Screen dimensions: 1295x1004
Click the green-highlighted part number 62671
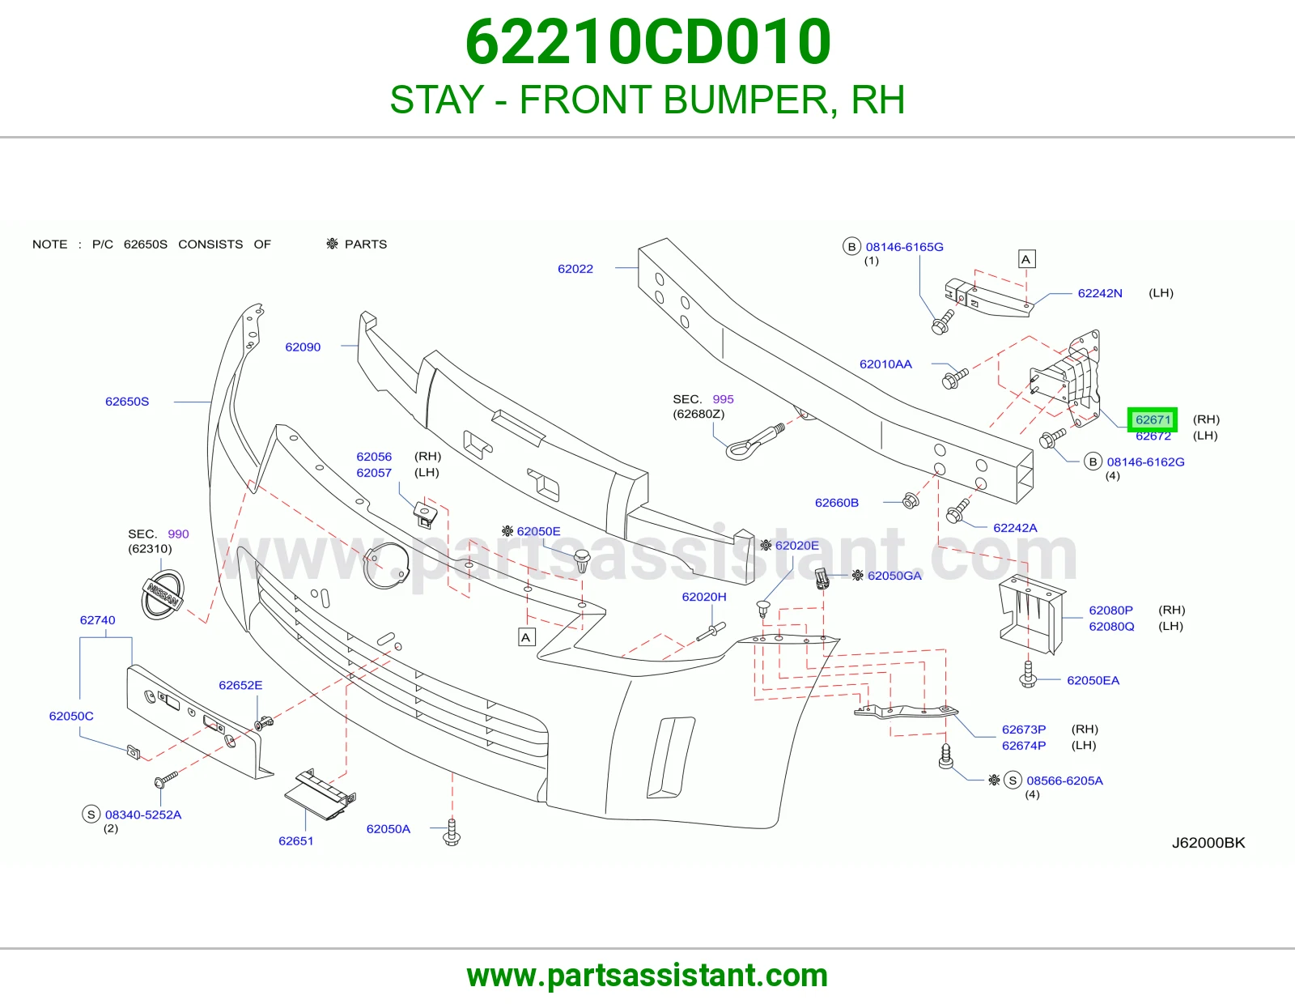point(1153,419)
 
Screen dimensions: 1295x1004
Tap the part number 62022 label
point(575,269)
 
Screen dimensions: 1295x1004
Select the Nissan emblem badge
point(162,594)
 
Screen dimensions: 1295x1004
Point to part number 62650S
point(127,402)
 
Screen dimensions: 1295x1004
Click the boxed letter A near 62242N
point(1025,259)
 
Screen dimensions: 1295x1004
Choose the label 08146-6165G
point(904,247)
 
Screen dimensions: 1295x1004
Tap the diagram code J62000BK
point(1208,842)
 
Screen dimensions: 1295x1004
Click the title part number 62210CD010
point(647,42)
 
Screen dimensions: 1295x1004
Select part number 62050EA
point(1093,680)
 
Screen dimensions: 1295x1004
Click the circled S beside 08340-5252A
point(91,815)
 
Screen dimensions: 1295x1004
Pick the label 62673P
point(1023,730)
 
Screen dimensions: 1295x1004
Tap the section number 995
point(723,399)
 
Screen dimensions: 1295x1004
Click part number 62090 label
point(303,347)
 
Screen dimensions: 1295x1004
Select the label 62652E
point(240,685)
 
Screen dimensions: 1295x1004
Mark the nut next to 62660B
point(910,500)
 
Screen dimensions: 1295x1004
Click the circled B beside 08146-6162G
point(1093,462)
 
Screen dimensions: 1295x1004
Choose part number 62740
point(97,620)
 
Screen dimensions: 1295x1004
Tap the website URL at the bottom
point(647,976)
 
